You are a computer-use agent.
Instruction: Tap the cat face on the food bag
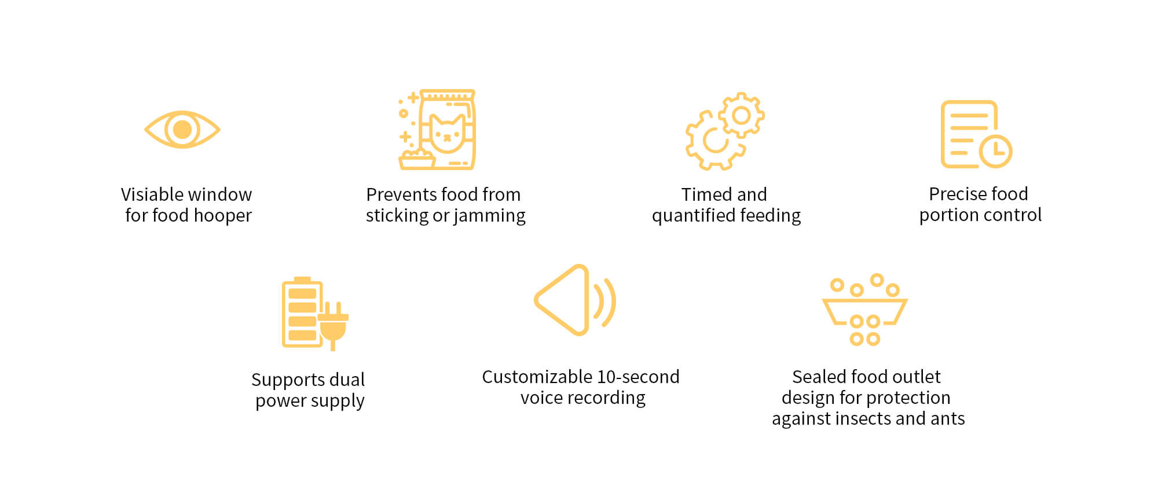click(447, 133)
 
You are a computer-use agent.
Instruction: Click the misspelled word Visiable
click(153, 194)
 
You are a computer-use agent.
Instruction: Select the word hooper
click(223, 215)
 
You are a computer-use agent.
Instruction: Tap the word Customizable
click(537, 377)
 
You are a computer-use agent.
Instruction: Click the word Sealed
click(815, 377)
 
